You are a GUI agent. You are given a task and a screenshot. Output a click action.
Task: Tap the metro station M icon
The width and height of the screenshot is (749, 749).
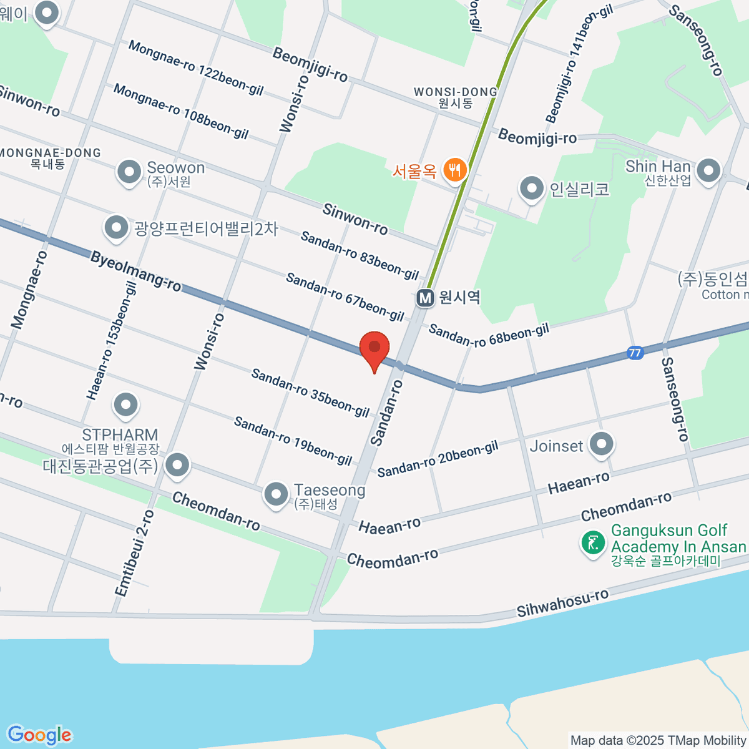[426, 298]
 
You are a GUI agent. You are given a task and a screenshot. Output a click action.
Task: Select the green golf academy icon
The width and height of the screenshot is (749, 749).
[592, 542]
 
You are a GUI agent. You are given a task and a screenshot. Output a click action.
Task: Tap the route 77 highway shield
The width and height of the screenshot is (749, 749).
[635, 353]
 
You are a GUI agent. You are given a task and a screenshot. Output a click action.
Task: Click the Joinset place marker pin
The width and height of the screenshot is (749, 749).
[602, 445]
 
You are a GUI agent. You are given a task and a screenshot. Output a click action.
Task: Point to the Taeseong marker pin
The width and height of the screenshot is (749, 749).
[276, 495]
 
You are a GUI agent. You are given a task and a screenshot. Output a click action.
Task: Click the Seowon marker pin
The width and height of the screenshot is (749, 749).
[129, 172]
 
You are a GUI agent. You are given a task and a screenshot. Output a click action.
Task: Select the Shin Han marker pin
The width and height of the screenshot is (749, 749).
[708, 170]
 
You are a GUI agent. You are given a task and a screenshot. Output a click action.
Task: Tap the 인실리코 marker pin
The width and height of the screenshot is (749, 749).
[532, 188]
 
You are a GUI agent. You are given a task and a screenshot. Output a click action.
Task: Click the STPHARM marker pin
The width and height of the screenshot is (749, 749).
[126, 405]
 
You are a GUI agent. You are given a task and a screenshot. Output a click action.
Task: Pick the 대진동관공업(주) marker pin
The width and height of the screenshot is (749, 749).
[178, 465]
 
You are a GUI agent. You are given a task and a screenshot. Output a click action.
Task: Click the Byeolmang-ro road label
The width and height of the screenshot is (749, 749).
[135, 271]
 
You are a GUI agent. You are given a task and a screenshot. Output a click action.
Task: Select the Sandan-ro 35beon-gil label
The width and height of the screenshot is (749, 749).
[310, 392]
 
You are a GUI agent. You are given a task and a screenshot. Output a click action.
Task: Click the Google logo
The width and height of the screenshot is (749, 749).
[39, 735]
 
